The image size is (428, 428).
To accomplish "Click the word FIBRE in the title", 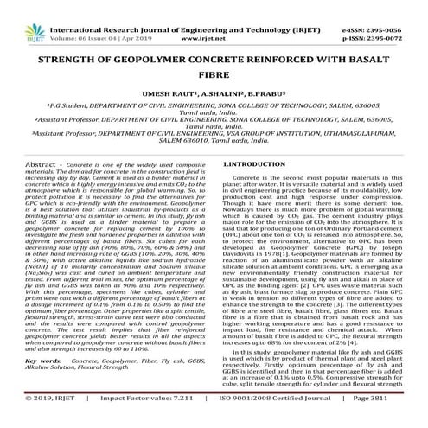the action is [x=214, y=74].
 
